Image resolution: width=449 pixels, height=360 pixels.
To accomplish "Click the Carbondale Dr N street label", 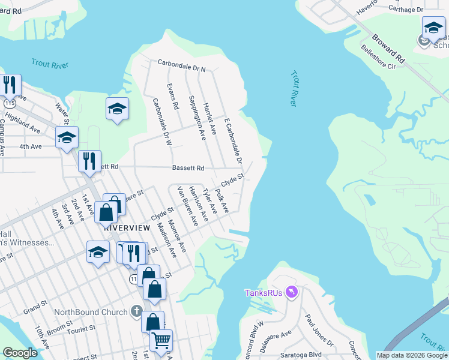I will [x=181, y=64].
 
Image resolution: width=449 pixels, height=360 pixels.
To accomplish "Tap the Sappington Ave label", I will [x=197, y=118].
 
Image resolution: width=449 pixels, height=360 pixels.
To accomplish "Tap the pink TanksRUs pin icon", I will [x=291, y=292].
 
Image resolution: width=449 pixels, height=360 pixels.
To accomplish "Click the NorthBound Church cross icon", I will [x=137, y=312].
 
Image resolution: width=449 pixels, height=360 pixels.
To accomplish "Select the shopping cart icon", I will [x=161, y=340].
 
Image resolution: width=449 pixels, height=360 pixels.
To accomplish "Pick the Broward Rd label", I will [x=388, y=45].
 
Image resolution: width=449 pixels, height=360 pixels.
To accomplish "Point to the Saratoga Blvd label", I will [x=324, y=354].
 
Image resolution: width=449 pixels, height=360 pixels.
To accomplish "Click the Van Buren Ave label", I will [x=187, y=206].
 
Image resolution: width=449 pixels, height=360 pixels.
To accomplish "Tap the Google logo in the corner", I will [x=20, y=353].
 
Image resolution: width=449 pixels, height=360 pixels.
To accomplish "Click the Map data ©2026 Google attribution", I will [x=411, y=355].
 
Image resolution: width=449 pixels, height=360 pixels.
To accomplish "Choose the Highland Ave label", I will [x=23, y=124].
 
